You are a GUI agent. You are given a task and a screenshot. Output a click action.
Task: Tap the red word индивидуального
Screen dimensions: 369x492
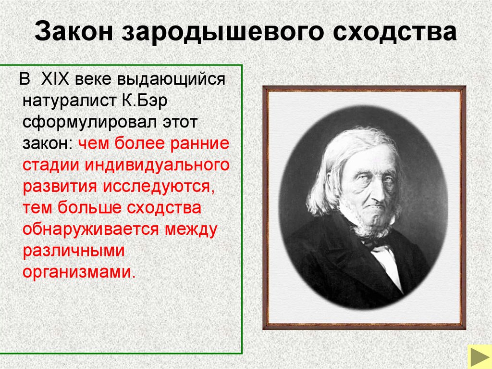158,165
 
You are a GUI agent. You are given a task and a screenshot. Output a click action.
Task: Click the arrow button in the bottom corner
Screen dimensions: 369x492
479,356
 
